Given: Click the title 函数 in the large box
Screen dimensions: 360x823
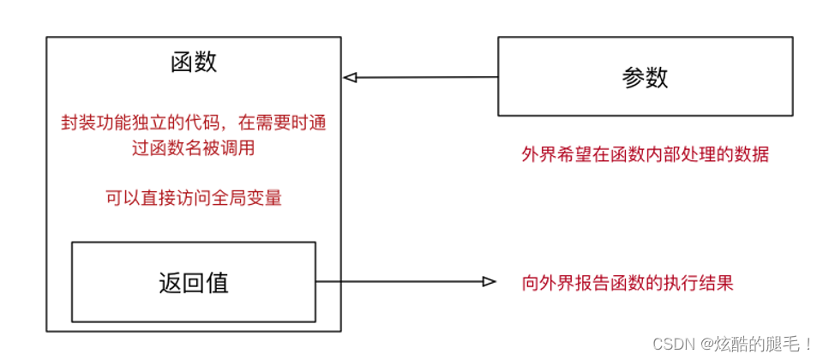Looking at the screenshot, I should (194, 63).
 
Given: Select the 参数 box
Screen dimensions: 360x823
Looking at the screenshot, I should (645, 77).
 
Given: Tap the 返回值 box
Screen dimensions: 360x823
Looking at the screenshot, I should (194, 282).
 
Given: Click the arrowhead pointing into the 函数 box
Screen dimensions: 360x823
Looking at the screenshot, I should (349, 77).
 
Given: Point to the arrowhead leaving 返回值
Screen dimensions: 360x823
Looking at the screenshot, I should (490, 282).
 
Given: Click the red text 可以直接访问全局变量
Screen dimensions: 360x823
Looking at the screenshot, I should (194, 197).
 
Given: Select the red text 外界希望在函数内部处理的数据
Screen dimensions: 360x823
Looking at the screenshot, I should (645, 155).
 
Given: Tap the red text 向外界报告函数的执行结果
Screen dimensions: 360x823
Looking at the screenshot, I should (628, 283).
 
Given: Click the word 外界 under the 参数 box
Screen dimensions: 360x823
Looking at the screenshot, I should (539, 155).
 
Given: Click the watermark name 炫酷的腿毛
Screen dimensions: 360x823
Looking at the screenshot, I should (754, 345).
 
